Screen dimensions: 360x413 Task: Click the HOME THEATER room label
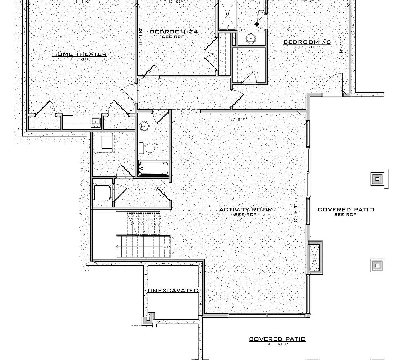[79, 54]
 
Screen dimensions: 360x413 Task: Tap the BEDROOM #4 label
[174, 32]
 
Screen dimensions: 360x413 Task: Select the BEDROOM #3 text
[307, 42]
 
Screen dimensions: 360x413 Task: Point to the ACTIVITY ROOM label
[246, 210]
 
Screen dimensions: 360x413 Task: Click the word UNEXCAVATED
[173, 291]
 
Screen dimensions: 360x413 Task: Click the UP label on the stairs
[166, 247]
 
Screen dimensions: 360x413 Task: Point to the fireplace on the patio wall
[315, 256]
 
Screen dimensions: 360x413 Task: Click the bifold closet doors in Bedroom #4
[210, 52]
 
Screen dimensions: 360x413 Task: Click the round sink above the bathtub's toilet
[144, 126]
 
